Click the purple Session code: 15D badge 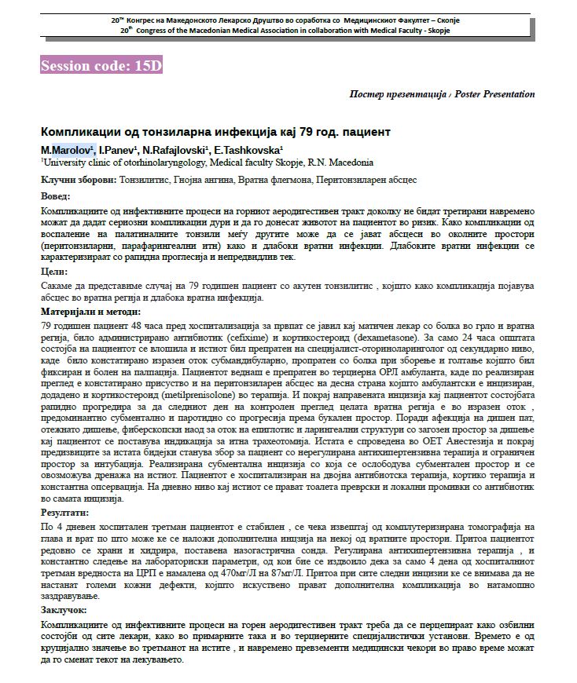(101, 66)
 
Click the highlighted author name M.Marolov (68, 149)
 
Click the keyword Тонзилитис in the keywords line (146, 180)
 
